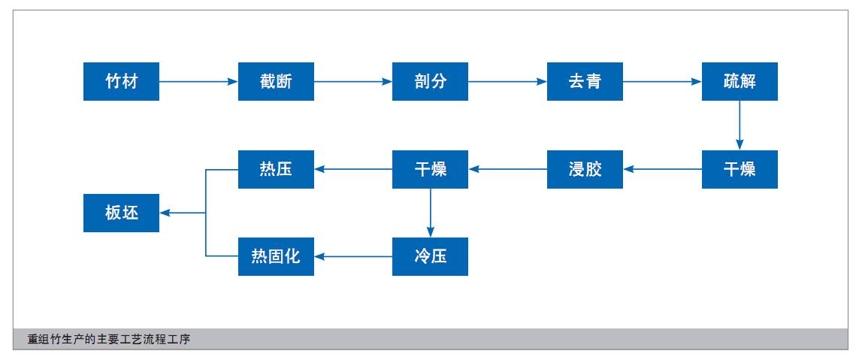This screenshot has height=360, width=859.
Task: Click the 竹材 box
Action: (121, 81)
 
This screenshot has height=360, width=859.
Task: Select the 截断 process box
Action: (276, 81)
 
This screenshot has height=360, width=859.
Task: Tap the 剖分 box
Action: (430, 81)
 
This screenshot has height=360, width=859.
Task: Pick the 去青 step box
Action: (585, 81)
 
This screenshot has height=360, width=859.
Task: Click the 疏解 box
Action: (740, 81)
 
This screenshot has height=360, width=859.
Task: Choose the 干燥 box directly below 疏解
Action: (740, 169)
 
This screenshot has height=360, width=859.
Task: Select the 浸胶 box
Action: (585, 169)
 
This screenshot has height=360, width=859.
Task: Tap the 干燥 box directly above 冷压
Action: (430, 169)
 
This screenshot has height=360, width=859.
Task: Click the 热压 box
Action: (276, 169)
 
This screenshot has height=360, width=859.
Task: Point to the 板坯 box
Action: (121, 213)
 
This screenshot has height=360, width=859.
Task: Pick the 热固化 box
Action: (276, 256)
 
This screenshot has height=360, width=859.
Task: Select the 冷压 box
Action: (430, 256)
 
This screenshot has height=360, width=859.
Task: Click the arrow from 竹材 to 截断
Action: (198, 81)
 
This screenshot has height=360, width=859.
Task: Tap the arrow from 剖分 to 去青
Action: (507, 81)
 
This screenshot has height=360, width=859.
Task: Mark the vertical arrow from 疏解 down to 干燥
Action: (740, 126)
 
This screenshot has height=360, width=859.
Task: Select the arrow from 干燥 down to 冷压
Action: (430, 213)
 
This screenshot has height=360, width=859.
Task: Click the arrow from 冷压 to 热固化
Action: (353, 256)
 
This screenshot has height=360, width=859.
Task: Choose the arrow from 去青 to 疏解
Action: (662, 81)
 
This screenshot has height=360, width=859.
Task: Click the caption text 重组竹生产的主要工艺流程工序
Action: (109, 340)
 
